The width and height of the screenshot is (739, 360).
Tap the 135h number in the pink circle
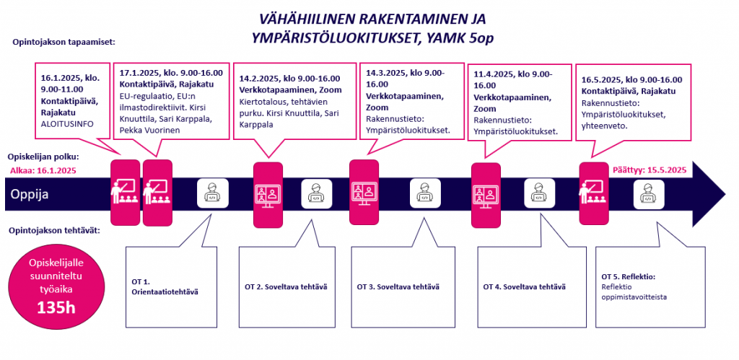click(x=56, y=308)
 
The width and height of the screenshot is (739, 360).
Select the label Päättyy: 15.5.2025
click(x=650, y=170)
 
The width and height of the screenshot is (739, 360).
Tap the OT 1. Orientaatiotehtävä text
click(x=165, y=286)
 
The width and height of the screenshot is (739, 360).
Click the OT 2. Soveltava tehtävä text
click(x=286, y=286)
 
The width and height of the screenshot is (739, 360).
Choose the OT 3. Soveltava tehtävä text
click(x=398, y=286)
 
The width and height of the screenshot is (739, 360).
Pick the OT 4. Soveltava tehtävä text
click(x=524, y=286)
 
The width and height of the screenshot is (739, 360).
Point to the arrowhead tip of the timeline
click(x=725, y=195)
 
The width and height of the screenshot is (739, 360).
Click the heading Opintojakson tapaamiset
click(x=64, y=41)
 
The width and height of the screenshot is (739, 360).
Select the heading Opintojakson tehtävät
click(x=55, y=231)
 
